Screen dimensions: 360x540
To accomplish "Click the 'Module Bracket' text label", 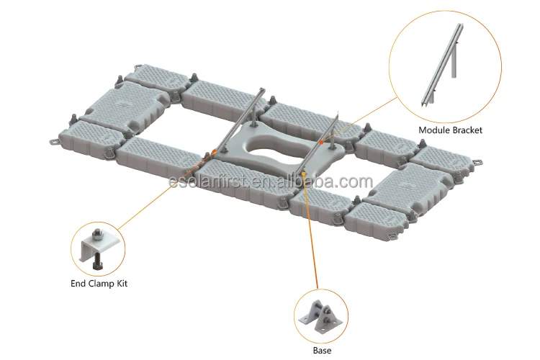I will coord(451,130).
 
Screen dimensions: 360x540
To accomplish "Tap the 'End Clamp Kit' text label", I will coord(99,283).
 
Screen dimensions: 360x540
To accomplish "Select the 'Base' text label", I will coord(322,350).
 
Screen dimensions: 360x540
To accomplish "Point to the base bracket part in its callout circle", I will coord(321,315).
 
